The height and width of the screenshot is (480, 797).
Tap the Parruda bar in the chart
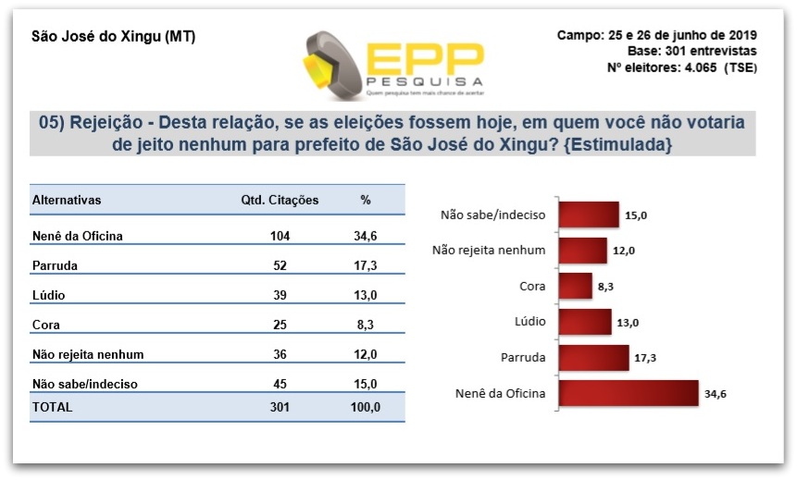pyautogui.click(x=593, y=358)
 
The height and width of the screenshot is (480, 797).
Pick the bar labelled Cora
pyautogui.click(x=575, y=287)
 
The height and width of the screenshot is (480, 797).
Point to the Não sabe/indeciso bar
pyautogui.click(x=589, y=215)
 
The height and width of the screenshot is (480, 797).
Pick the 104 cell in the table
pyautogui.click(x=280, y=236)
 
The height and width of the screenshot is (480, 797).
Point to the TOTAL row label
pyautogui.click(x=53, y=407)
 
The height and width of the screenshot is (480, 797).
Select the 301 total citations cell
pyautogui.click(x=280, y=407)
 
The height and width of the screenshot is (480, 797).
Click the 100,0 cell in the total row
pyautogui.click(x=365, y=407)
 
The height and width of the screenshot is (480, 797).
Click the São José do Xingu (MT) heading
pyautogui.click(x=113, y=36)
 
